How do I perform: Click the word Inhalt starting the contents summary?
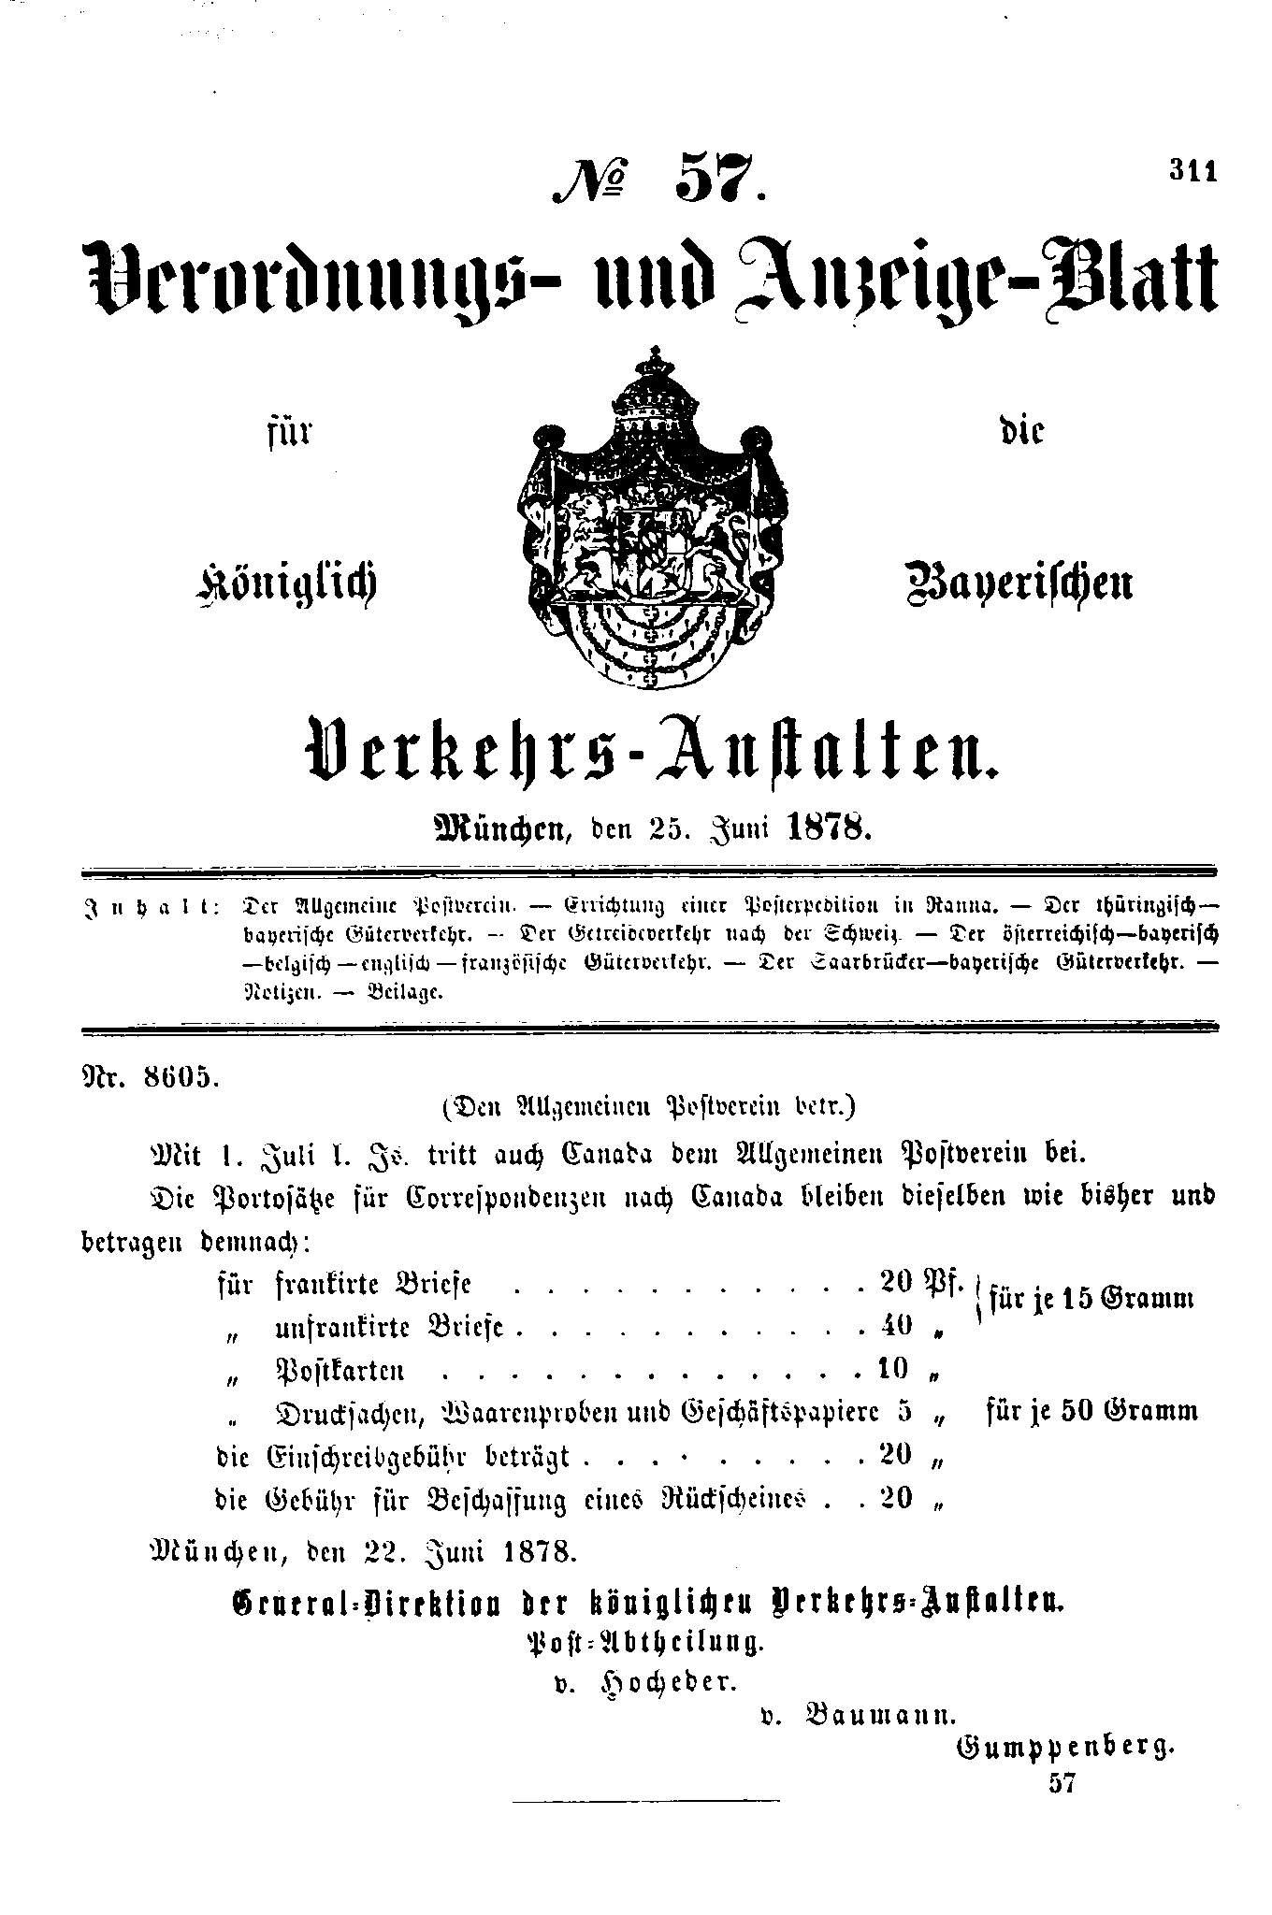150,906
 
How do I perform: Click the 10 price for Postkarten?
894,1369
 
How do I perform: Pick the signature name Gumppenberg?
1063,1747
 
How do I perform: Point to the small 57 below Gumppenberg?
1063,1783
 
